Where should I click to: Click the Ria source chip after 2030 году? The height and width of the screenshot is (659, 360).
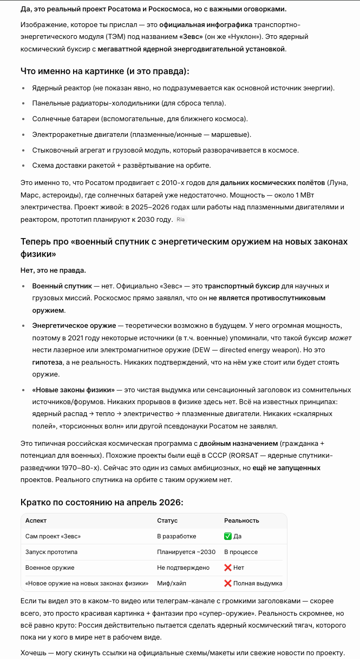[181, 220]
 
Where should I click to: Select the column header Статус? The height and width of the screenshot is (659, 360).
[167, 520]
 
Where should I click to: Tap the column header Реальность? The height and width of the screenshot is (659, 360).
[241, 520]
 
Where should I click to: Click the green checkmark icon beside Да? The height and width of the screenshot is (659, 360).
[227, 536]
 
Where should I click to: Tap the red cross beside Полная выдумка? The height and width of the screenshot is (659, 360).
[227, 583]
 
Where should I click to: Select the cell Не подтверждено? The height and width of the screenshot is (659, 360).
[183, 568]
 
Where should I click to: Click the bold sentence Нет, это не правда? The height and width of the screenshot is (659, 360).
[53, 269]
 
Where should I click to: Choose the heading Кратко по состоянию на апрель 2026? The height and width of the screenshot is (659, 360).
[102, 502]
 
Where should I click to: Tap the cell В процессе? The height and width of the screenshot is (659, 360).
[241, 552]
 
